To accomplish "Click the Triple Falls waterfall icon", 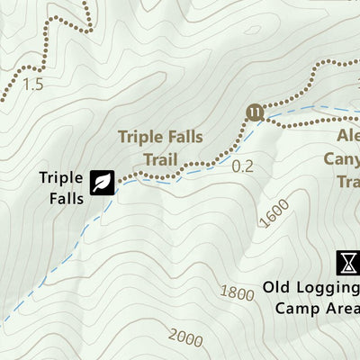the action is tap(102, 183).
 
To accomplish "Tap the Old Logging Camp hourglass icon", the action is tap(347, 263).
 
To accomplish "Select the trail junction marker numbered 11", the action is tap(255, 112).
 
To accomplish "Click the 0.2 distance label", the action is tap(243, 166).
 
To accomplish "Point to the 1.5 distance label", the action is tap(33, 85).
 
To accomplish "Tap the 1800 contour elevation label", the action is tap(238, 292).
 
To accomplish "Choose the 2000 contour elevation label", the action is tap(184, 337).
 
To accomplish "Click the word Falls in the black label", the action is tap(61, 193).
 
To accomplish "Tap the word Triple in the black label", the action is tap(61, 176).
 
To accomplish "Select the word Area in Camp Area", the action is tap(341, 309).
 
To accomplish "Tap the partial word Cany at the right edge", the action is tap(342, 160).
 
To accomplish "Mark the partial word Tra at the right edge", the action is tap(347, 182).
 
